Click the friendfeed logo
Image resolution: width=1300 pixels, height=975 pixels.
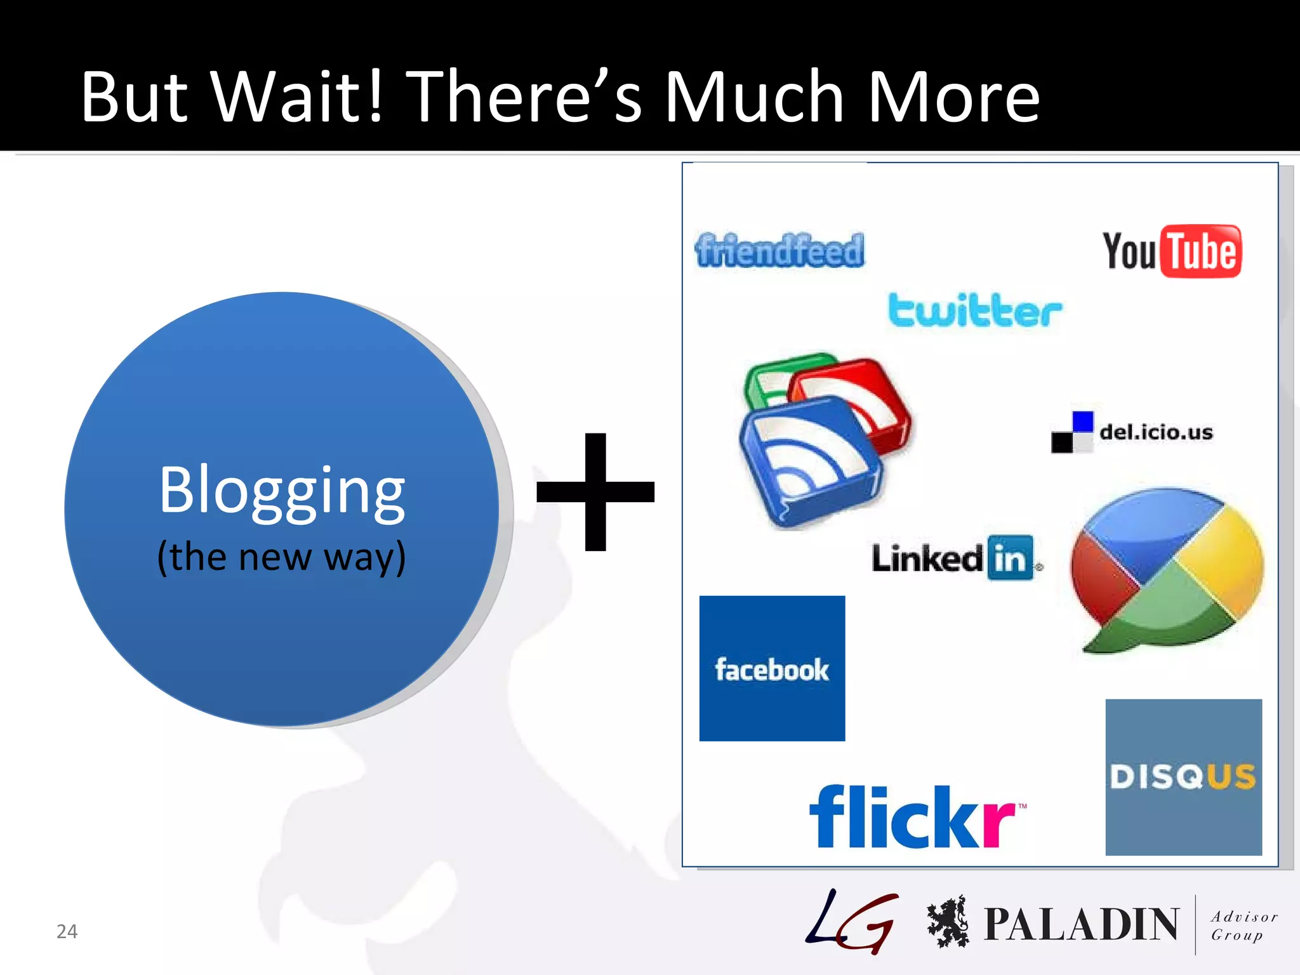(x=779, y=250)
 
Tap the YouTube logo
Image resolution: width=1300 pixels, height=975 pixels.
(x=1172, y=251)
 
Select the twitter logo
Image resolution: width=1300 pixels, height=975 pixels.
(x=974, y=311)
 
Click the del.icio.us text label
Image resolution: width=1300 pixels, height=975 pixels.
(x=1156, y=432)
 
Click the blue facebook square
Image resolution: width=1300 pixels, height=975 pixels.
(x=772, y=668)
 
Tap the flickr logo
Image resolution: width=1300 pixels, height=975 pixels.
(x=914, y=817)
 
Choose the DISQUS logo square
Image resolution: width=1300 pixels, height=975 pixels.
(x=1183, y=777)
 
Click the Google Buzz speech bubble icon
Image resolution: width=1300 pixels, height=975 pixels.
(x=1166, y=569)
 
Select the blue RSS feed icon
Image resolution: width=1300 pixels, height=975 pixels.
(x=809, y=460)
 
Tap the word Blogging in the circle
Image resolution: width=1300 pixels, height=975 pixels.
(x=282, y=490)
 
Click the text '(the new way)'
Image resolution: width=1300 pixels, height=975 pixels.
(x=281, y=557)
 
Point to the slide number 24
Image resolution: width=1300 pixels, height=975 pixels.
(x=67, y=931)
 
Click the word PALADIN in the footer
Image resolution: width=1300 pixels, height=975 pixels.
(x=1081, y=924)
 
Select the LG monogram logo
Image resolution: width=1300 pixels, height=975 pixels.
(x=852, y=922)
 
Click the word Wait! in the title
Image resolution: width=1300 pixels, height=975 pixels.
(x=298, y=96)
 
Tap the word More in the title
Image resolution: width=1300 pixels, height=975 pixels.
(x=953, y=96)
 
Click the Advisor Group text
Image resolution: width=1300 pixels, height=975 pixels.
(x=1243, y=925)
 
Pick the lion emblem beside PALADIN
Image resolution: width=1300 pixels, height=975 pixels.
(x=948, y=922)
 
